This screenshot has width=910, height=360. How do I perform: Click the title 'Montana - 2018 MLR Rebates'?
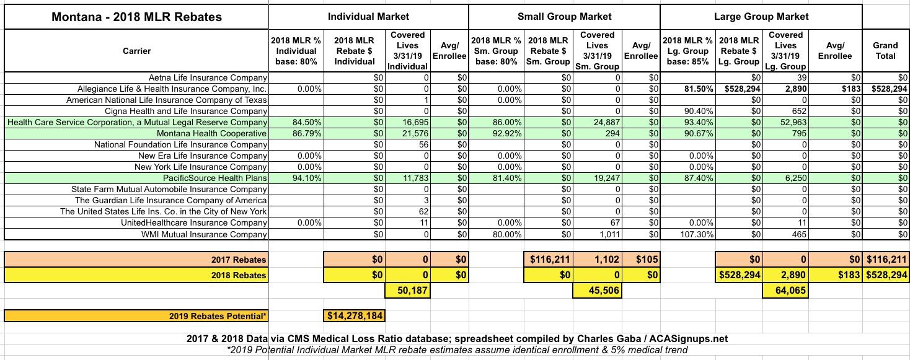tap(136, 17)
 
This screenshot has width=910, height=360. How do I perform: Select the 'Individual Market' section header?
tap(368, 17)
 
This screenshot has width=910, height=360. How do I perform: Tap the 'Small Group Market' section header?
tap(564, 17)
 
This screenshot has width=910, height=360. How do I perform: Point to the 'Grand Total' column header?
tap(885, 50)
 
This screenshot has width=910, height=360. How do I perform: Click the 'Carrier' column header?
tap(136, 50)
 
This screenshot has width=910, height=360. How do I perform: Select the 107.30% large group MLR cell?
tap(697, 234)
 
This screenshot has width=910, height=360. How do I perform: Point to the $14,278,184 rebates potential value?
tap(355, 316)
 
